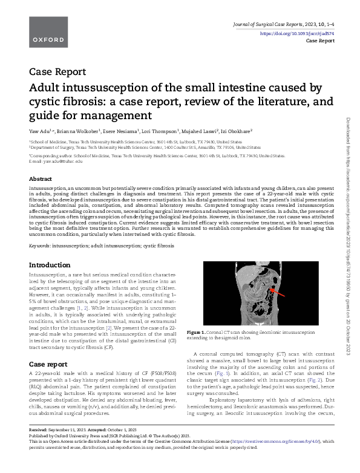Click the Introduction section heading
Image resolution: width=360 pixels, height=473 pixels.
[x=50, y=265]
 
